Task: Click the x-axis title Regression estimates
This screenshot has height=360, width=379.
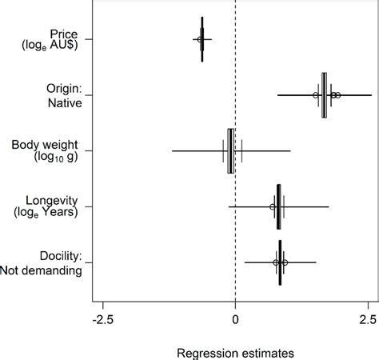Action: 235,351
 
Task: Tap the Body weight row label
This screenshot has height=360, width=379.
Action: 46,145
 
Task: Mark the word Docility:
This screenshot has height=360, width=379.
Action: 62,257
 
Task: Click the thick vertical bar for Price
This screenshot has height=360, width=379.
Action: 202,39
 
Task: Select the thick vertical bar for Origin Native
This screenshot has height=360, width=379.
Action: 324,95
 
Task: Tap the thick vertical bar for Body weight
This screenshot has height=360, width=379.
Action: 230,150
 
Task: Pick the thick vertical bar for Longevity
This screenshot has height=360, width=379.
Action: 278,206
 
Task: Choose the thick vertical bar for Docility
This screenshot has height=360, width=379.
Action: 280,262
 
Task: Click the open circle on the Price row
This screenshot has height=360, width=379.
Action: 200,39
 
